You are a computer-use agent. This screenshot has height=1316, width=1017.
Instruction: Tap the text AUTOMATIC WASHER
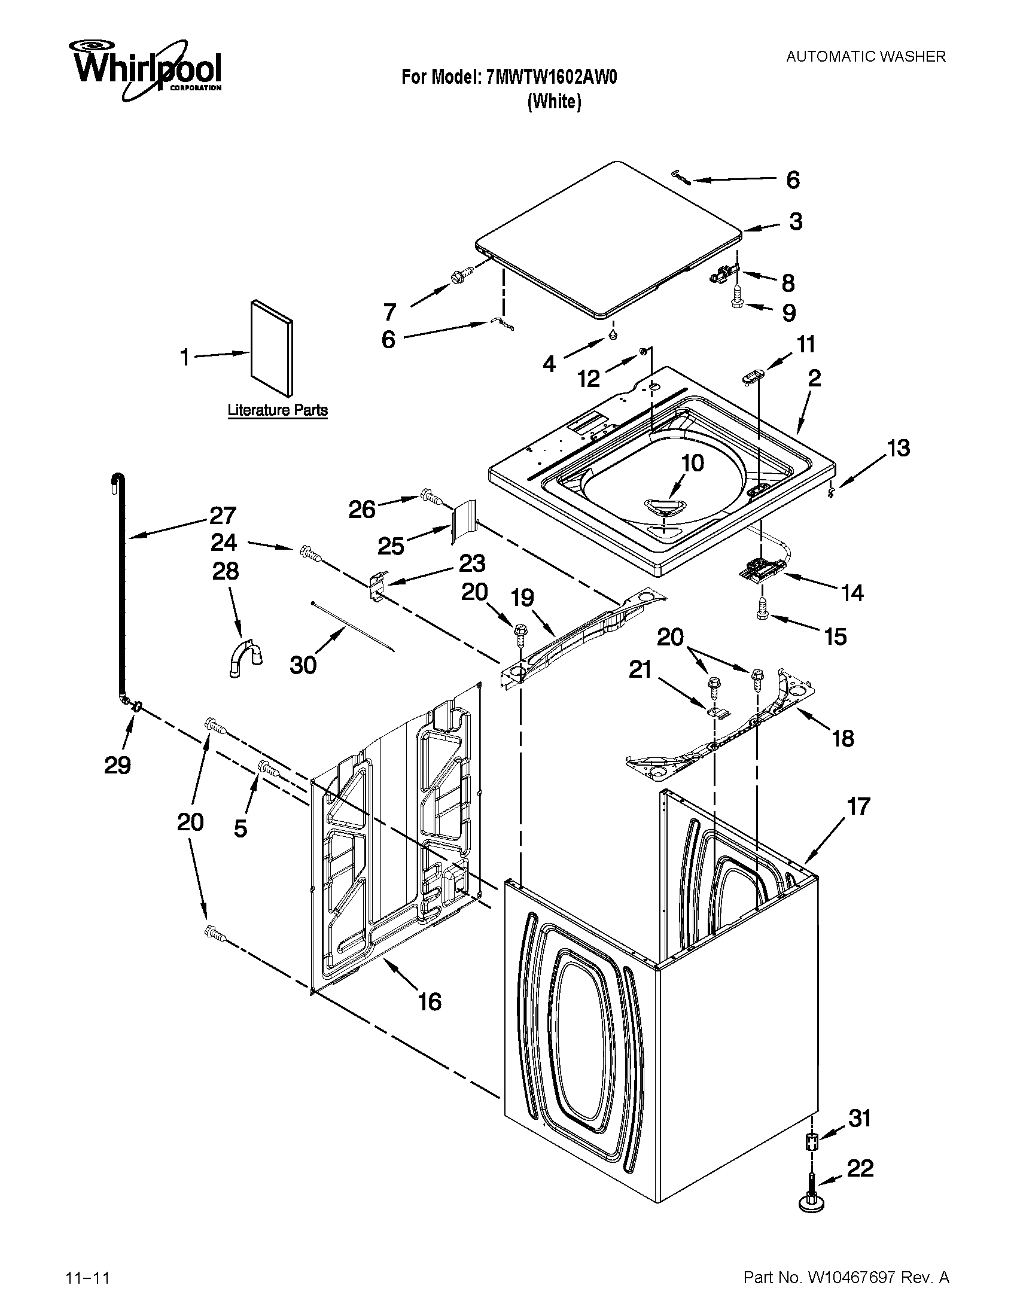pos(866,57)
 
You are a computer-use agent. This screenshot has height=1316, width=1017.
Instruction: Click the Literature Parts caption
pos(277,410)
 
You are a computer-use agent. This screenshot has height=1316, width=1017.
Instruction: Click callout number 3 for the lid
pos(796,222)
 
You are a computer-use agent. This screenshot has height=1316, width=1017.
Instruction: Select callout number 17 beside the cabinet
pos(858,806)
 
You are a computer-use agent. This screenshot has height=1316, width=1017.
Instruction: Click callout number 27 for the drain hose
pos(223,516)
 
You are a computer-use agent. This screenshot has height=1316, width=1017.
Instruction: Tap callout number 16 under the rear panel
pos(430,1001)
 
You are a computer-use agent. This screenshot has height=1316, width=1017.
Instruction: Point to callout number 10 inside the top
pos(692,464)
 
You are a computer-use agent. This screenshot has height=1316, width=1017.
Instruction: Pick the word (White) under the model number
pos(554,102)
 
